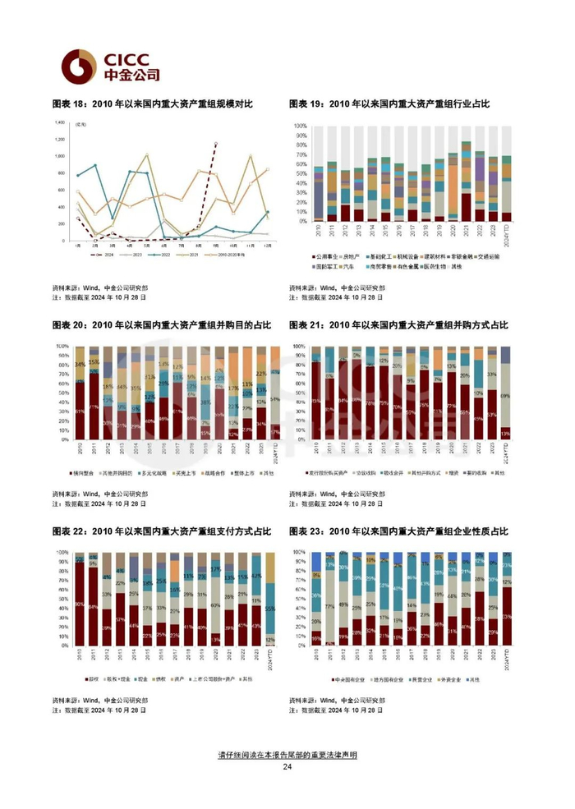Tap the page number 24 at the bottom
[x=287, y=767]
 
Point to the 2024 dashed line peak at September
[x=216, y=145]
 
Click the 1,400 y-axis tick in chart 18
[x=59, y=122]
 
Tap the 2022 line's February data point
[x=96, y=166]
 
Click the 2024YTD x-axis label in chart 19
[x=507, y=232]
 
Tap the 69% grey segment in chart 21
[x=506, y=396]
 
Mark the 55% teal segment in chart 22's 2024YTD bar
[x=271, y=609]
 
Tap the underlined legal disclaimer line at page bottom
[x=287, y=753]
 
